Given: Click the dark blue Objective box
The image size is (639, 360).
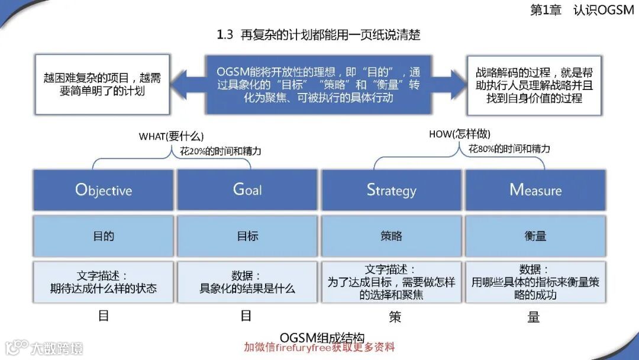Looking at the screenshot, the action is point(104,190).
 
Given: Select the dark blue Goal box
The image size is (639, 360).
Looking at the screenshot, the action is point(248,190).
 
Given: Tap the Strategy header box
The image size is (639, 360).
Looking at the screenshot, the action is point(391,190).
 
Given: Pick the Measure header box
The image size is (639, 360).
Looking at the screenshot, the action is point(535,190).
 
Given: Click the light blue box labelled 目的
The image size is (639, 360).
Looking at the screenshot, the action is point(104,236).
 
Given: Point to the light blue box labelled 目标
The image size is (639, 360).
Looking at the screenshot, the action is point(248,236).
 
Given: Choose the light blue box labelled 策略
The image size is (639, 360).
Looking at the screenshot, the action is point(391,236).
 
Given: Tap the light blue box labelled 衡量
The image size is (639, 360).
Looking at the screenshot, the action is point(535,236).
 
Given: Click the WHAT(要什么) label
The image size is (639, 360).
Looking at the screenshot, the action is point(169,136).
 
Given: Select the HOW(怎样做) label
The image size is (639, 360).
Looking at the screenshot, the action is point(460,134).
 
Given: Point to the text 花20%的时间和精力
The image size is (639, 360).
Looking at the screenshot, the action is point(221,151).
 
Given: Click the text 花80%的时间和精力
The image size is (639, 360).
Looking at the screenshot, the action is point(509,149).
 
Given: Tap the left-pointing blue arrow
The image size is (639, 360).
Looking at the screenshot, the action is point(186,84).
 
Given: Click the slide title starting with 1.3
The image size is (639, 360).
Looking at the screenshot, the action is point(319,35).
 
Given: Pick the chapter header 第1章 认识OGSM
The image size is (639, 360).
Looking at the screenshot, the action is point(583,11).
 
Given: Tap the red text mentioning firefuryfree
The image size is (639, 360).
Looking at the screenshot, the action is point(319,347).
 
